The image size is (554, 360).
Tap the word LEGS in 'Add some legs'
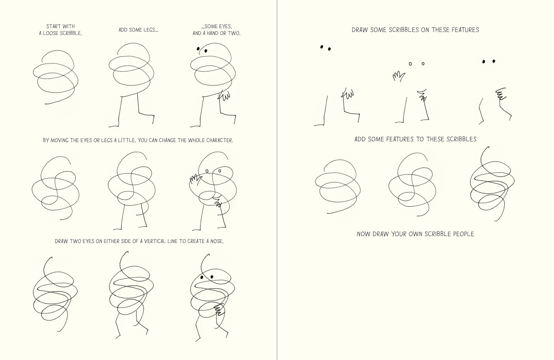point(151,30)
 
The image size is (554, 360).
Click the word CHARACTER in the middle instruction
point(219,140)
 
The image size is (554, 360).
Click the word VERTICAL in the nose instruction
point(156,241)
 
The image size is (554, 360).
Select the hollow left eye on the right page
point(410,64)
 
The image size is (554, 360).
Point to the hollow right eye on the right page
point(423,63)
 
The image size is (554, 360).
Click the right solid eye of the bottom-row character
point(212,276)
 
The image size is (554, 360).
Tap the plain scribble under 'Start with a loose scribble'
point(56,77)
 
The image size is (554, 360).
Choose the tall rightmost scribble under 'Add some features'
point(492,184)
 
